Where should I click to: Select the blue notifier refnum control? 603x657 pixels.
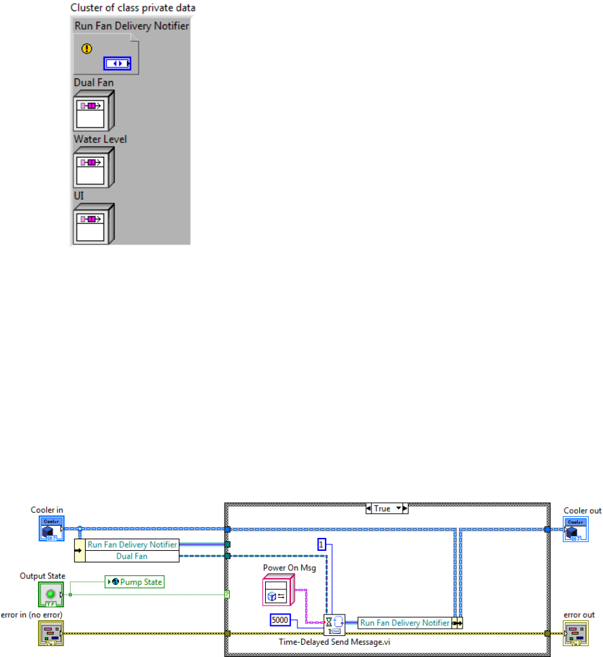coord(116,63)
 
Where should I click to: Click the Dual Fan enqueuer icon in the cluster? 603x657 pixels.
coord(93,111)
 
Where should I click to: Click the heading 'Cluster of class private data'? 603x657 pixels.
coord(133,8)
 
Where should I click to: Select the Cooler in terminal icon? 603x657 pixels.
coord(51,528)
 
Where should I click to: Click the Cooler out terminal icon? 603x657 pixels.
coord(575,528)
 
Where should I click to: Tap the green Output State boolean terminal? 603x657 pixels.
coord(50,594)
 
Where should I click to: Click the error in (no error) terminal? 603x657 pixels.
coord(50,633)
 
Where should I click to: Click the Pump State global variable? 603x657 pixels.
coord(135,582)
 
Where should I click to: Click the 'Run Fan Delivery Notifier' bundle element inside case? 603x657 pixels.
coord(405,623)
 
